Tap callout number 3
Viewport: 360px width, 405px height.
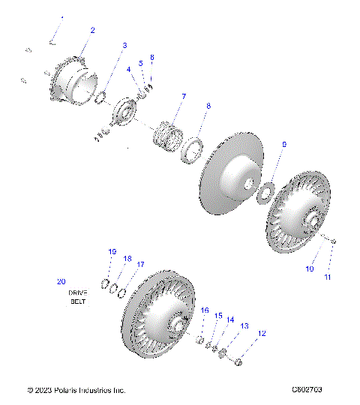124,46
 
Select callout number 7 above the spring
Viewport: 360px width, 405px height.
183,97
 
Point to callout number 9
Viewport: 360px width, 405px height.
283,144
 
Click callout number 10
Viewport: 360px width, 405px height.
309,268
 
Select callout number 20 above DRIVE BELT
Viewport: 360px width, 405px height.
61,282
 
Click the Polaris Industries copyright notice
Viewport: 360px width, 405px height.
76,390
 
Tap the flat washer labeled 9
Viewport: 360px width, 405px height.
262,192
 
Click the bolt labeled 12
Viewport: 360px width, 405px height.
237,364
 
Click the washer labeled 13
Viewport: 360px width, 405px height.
223,353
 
